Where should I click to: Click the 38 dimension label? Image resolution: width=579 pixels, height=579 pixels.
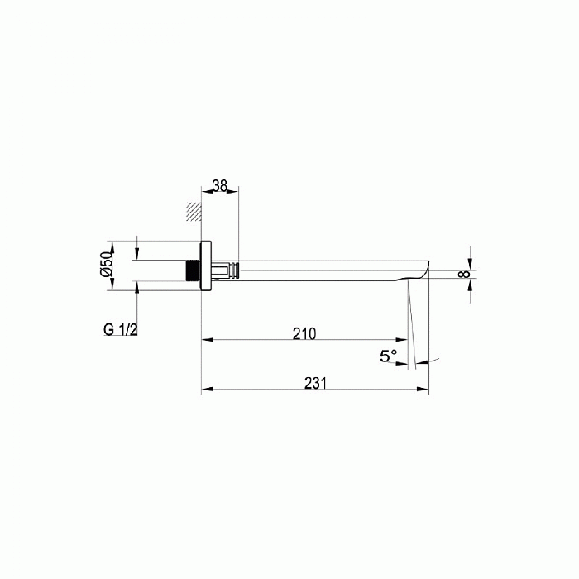tap(219, 187)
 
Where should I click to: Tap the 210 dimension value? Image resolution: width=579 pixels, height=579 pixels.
tap(304, 333)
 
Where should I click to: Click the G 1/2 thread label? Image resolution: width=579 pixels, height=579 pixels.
tap(121, 329)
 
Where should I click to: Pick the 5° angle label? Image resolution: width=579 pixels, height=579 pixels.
tap(388, 356)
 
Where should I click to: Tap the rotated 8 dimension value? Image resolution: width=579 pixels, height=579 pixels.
tap(464, 272)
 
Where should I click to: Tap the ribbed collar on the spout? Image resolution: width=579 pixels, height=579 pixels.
tap(234, 270)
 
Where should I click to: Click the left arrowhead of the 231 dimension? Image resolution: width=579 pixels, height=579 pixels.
tap(207, 389)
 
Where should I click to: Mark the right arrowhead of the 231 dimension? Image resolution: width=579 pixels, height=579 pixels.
tap(423, 389)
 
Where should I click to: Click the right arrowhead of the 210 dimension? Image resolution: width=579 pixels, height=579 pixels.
tap(402, 339)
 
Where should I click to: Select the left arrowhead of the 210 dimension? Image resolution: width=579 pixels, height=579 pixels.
tap(207, 339)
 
